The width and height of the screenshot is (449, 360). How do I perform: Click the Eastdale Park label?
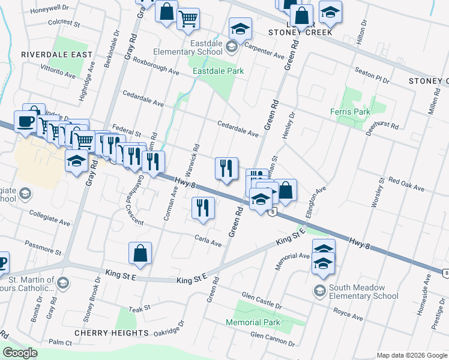(218, 71)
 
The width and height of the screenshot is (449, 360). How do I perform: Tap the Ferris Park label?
(350, 112)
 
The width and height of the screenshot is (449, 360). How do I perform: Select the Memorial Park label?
(253, 322)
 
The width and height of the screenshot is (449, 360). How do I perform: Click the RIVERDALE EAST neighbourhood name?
(56, 55)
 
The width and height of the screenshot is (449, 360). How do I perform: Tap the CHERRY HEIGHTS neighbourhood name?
(111, 332)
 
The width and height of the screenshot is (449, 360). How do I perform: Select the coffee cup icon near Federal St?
(25, 121)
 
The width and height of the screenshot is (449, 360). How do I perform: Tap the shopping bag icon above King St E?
(140, 254)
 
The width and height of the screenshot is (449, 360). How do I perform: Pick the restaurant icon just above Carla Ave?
(203, 208)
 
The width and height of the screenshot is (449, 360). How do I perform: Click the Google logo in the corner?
(21, 353)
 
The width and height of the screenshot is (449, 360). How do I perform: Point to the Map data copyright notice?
(411, 355)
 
